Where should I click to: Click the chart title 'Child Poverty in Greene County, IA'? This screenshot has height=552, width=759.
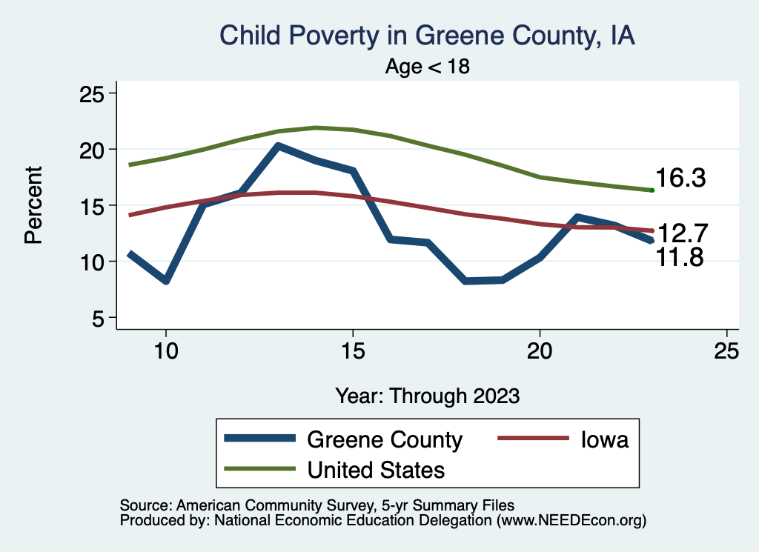428,36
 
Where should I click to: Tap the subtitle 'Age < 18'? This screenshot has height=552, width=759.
428,67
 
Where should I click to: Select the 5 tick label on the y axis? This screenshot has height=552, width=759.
97,318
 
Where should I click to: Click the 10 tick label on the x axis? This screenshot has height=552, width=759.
166,350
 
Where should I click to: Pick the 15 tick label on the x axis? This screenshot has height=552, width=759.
353,350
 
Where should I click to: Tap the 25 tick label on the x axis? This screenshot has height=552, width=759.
726,350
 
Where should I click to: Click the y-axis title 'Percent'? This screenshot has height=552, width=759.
33,205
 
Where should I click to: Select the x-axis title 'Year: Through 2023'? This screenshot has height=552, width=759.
428,395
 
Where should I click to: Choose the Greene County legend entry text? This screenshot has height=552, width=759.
384,440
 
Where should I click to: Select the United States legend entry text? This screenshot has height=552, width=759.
376,470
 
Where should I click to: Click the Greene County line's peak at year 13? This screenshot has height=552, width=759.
277,146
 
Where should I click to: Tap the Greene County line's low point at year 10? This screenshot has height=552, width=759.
166,281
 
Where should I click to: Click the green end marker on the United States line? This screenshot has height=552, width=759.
652,190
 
